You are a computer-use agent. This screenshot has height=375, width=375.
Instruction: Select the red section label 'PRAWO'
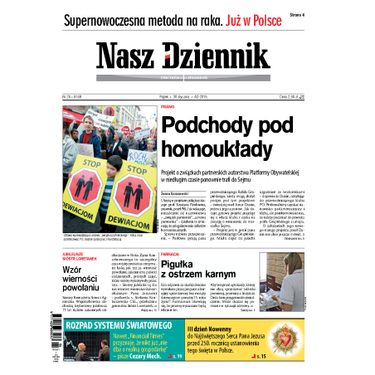coord(167,107)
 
